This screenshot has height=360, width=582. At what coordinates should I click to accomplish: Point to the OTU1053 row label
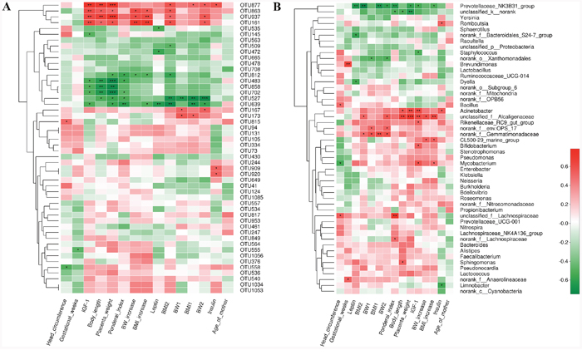point(240,289)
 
